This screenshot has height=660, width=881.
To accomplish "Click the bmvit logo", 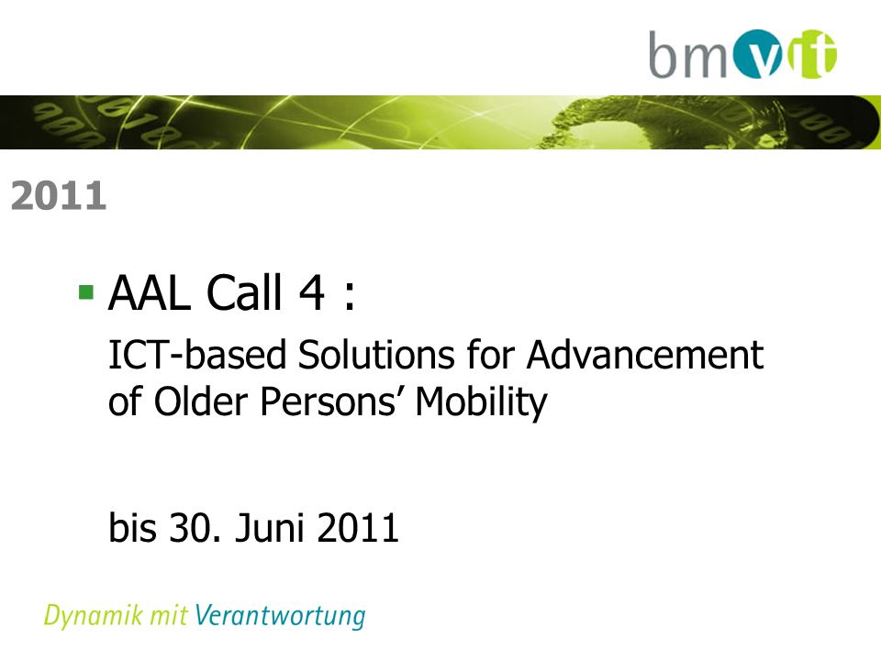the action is coord(742,54).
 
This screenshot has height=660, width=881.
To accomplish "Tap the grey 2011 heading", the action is coord(59,196).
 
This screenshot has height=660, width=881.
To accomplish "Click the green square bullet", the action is coord(86,291).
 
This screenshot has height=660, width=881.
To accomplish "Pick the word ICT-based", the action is coord(197,355).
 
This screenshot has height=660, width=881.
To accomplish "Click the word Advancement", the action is coord(645,355).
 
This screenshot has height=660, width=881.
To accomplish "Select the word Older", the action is coord(201,401).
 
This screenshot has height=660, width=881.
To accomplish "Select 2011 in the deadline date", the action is coord(358,528).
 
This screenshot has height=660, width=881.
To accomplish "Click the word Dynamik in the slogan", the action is coord(94,616).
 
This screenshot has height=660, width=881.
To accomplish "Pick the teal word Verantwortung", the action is coord(280,616).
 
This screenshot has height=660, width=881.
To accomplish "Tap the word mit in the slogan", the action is coord(169,615).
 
